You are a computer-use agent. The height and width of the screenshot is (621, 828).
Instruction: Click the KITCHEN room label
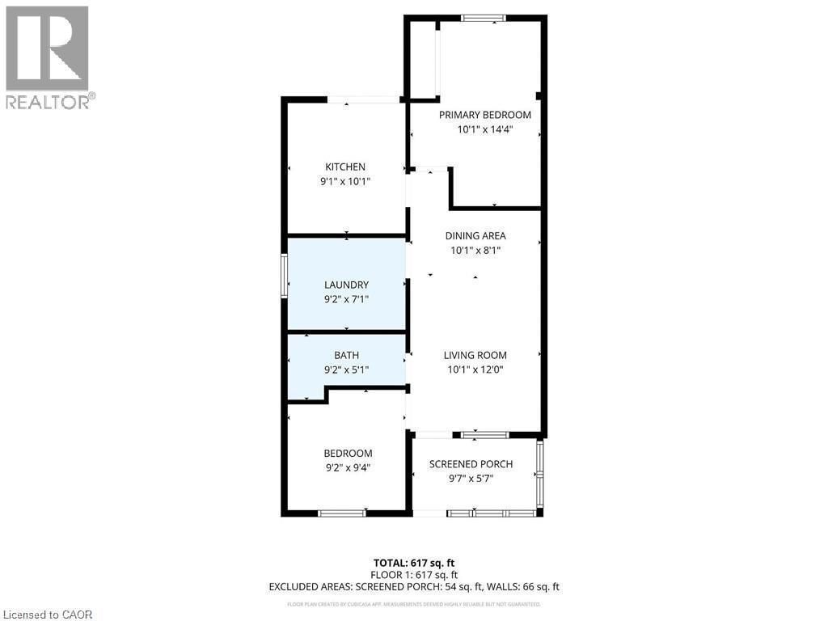345,167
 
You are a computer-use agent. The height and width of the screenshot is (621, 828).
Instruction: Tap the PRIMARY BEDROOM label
485,115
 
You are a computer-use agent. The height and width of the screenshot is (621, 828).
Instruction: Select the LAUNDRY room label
346,285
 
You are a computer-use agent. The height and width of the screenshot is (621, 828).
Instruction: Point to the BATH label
346,355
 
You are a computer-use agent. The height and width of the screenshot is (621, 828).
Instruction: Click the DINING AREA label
475,236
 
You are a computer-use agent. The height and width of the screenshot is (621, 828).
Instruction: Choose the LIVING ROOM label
475,355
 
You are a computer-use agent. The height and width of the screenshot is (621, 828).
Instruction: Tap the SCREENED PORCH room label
471,464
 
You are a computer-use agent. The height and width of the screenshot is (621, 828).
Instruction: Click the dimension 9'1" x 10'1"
345,182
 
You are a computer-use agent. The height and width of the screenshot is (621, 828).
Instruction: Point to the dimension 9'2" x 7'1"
346,299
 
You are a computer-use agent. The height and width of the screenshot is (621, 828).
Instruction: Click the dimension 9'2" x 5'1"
346,370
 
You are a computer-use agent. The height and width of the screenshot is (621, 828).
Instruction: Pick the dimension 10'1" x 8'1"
475,251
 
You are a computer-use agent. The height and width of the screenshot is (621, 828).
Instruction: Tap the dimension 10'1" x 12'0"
475,370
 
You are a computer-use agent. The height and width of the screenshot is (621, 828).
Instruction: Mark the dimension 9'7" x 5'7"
471,479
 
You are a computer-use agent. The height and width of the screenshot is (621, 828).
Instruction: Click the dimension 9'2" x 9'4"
348,467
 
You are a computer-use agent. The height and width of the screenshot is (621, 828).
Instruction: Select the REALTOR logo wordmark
49,102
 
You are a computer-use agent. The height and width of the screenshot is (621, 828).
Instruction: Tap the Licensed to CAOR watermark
47,614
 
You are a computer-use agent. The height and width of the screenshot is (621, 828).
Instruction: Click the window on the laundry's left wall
284,276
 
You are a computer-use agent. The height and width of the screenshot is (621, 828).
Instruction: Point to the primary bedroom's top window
484,18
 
